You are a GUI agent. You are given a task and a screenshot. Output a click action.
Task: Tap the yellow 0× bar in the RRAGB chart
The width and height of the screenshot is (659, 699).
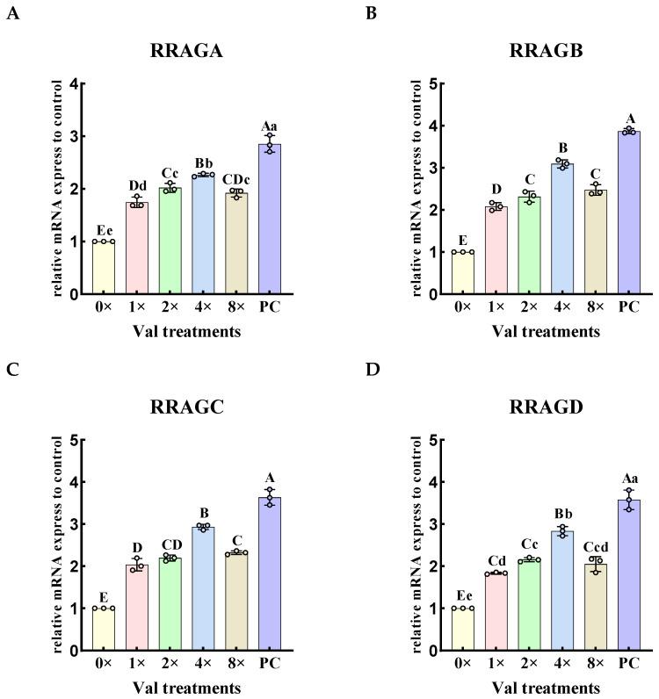click(x=463, y=273)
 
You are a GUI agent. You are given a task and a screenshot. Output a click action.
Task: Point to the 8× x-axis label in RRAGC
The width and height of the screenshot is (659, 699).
click(x=236, y=667)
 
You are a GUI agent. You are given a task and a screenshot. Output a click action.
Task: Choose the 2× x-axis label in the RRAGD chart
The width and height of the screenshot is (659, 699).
click(x=530, y=667)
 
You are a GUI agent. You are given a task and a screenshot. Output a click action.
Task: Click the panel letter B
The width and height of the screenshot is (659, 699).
click(x=371, y=14)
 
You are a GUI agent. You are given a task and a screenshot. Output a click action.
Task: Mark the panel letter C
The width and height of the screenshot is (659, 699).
click(x=12, y=370)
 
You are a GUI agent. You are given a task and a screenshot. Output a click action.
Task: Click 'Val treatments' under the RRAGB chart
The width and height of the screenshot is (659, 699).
click(x=546, y=331)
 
